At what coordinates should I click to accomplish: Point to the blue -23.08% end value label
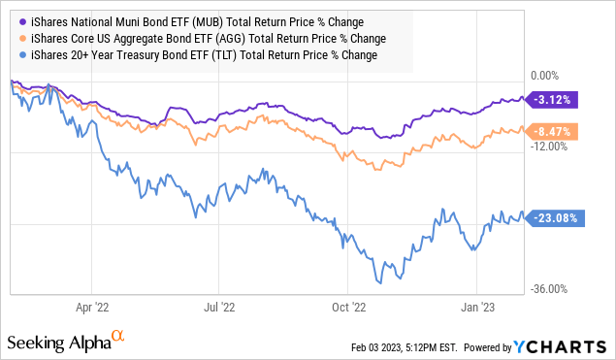[x=557, y=218]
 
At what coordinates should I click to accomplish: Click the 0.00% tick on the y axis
[x=548, y=76]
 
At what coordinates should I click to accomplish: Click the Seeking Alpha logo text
[x=61, y=344]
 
